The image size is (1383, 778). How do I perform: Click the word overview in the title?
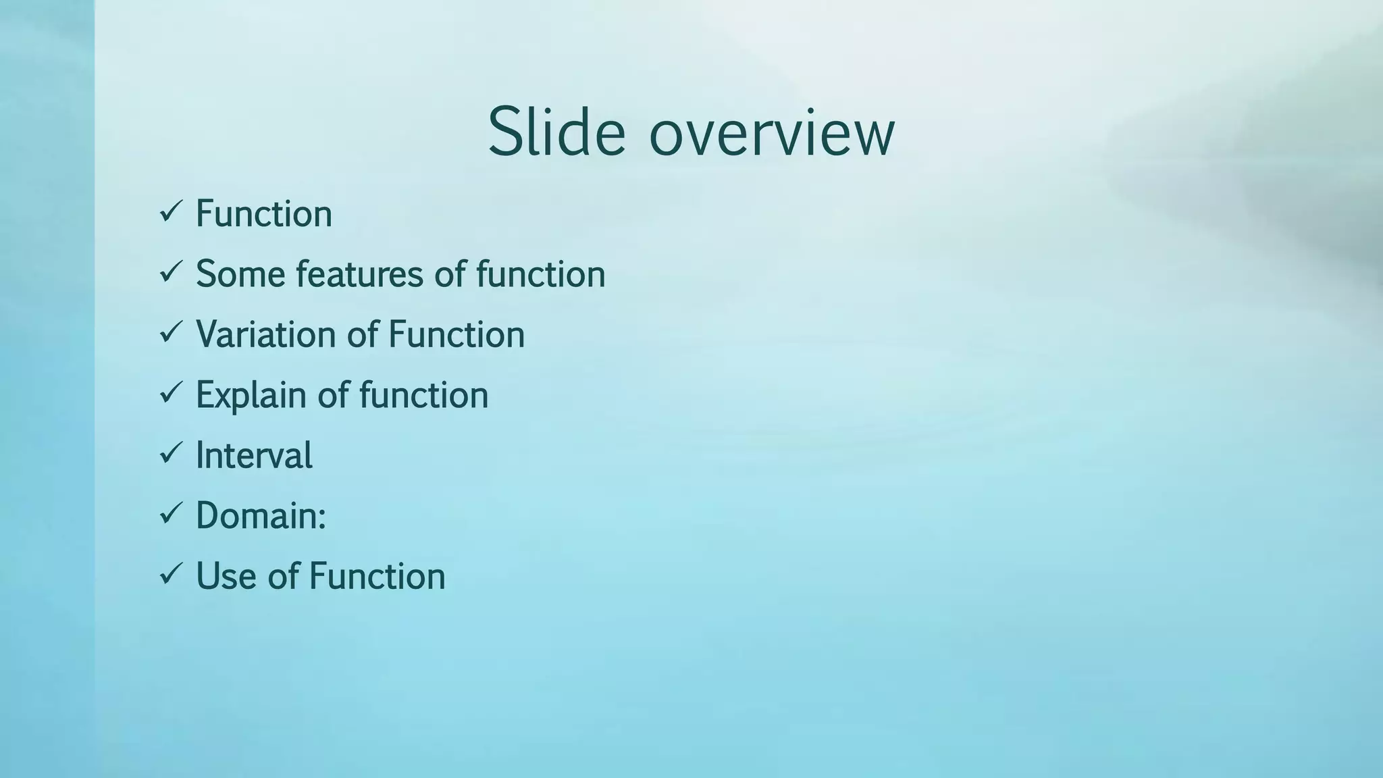click(x=771, y=133)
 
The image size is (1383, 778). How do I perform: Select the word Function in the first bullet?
click(x=264, y=214)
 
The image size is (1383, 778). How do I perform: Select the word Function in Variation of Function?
click(x=456, y=334)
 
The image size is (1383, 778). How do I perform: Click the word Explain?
click(x=251, y=395)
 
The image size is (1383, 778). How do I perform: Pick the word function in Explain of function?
click(x=423, y=395)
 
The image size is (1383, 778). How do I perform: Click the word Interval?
click(x=254, y=455)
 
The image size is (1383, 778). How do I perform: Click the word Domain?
click(x=261, y=515)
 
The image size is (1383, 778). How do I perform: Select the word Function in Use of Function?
click(x=377, y=576)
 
